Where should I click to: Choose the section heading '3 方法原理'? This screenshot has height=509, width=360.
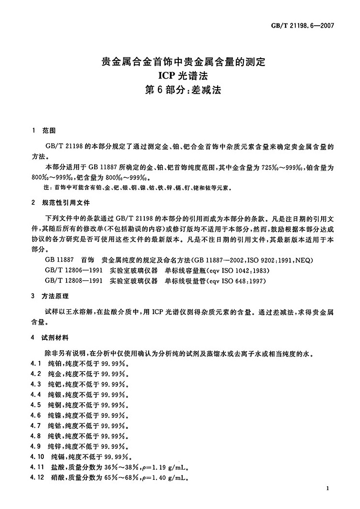coord(51,296)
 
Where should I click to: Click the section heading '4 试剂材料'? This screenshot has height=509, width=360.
coord(51,337)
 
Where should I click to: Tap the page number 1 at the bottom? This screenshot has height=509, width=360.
coord(328,488)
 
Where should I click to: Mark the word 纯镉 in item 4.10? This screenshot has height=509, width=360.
coord(58,457)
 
